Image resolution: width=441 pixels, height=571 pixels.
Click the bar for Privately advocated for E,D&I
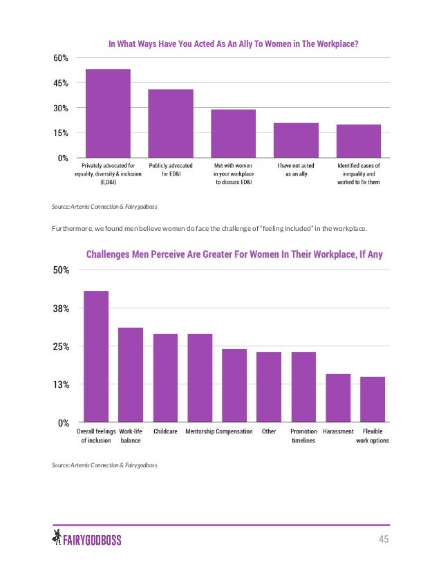click(107, 113)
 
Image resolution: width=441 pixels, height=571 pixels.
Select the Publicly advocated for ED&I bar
click(170, 124)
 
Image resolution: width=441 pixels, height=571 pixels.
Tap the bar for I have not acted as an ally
click(297, 140)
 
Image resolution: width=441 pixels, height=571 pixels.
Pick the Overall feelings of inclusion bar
click(96, 356)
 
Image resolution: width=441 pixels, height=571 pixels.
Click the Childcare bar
click(165, 377)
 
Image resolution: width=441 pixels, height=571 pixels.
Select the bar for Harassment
click(338, 397)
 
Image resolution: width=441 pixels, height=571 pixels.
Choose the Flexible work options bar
click(373, 399)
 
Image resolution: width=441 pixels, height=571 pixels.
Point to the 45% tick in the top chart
click(61, 84)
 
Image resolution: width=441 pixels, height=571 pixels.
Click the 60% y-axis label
click(61, 59)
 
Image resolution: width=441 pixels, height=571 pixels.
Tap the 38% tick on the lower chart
click(61, 308)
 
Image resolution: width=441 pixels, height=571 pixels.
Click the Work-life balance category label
click(131, 436)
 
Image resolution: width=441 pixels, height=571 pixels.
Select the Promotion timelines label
click(303, 436)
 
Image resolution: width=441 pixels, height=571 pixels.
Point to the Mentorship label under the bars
click(199, 432)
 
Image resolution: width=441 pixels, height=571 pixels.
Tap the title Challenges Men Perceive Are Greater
click(234, 255)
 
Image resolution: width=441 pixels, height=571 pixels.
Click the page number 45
click(382, 539)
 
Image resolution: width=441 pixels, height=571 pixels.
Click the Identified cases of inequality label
click(358, 174)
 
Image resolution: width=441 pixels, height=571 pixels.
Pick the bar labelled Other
click(269, 386)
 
